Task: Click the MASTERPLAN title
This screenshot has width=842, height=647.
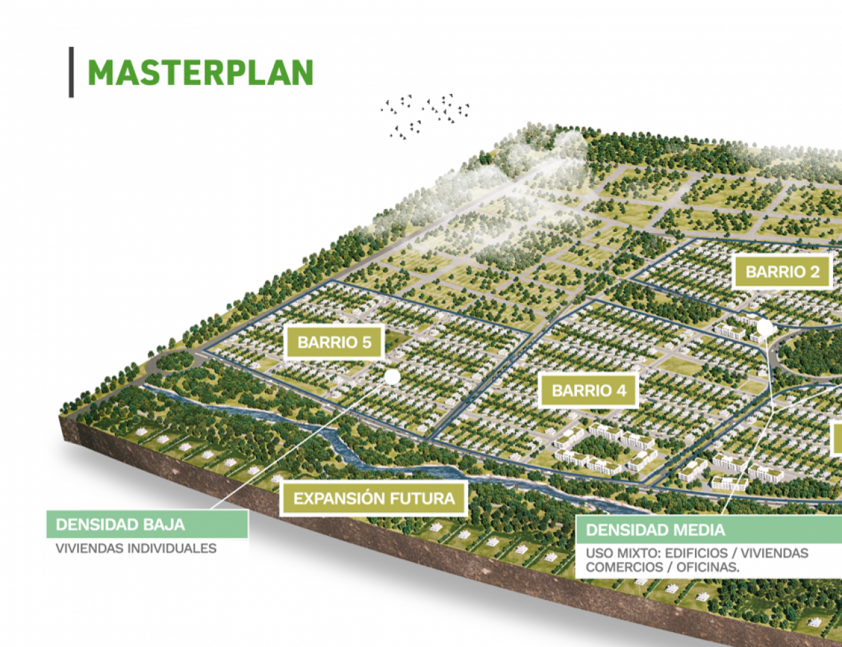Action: [x=200, y=72]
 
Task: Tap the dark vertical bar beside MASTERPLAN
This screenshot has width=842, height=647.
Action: [x=71, y=72]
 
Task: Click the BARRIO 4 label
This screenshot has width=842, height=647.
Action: [x=589, y=391]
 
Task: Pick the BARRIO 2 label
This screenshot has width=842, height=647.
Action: [x=782, y=272]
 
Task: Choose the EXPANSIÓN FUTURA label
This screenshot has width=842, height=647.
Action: [x=374, y=498]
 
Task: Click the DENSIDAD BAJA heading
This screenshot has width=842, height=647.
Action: [x=121, y=524]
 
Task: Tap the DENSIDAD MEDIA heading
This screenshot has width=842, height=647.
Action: [x=655, y=530]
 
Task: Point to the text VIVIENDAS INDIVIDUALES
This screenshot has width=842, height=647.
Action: [x=136, y=548]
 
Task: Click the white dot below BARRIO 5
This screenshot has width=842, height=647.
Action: [x=392, y=377]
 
